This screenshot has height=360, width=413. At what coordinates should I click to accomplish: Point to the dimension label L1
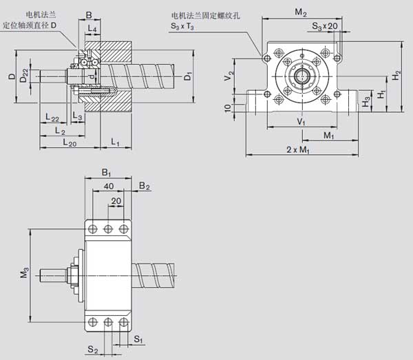click(116, 142)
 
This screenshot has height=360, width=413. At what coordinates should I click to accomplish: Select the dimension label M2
click(300, 12)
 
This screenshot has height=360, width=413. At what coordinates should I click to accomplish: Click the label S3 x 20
click(325, 25)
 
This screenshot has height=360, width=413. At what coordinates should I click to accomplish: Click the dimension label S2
click(92, 350)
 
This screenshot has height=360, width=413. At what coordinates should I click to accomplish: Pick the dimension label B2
click(144, 185)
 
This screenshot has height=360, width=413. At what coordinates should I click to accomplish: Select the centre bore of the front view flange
click(301, 76)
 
